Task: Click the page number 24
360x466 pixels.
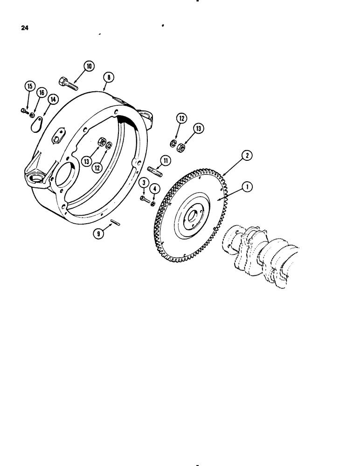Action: (x=25, y=28)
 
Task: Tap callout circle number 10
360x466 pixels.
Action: (x=89, y=67)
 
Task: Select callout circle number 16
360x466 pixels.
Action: (x=41, y=93)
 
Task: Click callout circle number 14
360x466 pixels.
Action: (x=53, y=99)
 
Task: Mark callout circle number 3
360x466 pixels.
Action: (x=145, y=183)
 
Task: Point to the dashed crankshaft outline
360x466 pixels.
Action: (x=261, y=256)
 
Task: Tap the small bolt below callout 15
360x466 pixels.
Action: (x=25, y=110)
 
